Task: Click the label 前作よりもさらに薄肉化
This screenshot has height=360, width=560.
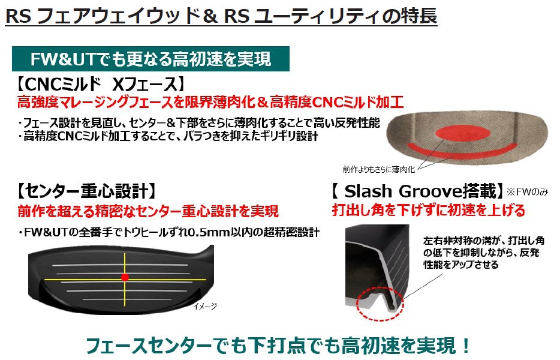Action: (379, 170)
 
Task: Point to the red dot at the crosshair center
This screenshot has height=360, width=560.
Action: (125, 277)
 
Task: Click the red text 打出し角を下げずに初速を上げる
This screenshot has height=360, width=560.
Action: (429, 210)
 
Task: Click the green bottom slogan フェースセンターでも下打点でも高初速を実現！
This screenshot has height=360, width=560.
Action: (279, 346)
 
